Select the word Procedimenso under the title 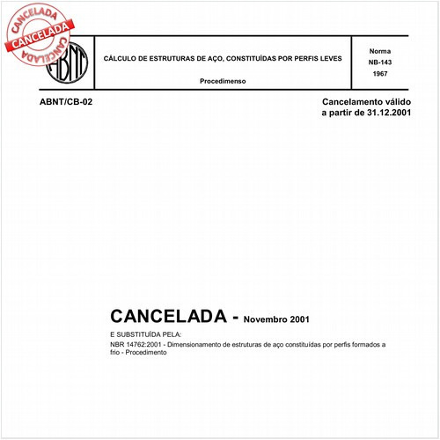pyautogui.click(x=223, y=80)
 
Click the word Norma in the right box pyautogui.click(x=380, y=51)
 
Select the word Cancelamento pyautogui.click(x=354, y=103)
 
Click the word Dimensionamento pyautogui.click(x=206, y=344)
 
